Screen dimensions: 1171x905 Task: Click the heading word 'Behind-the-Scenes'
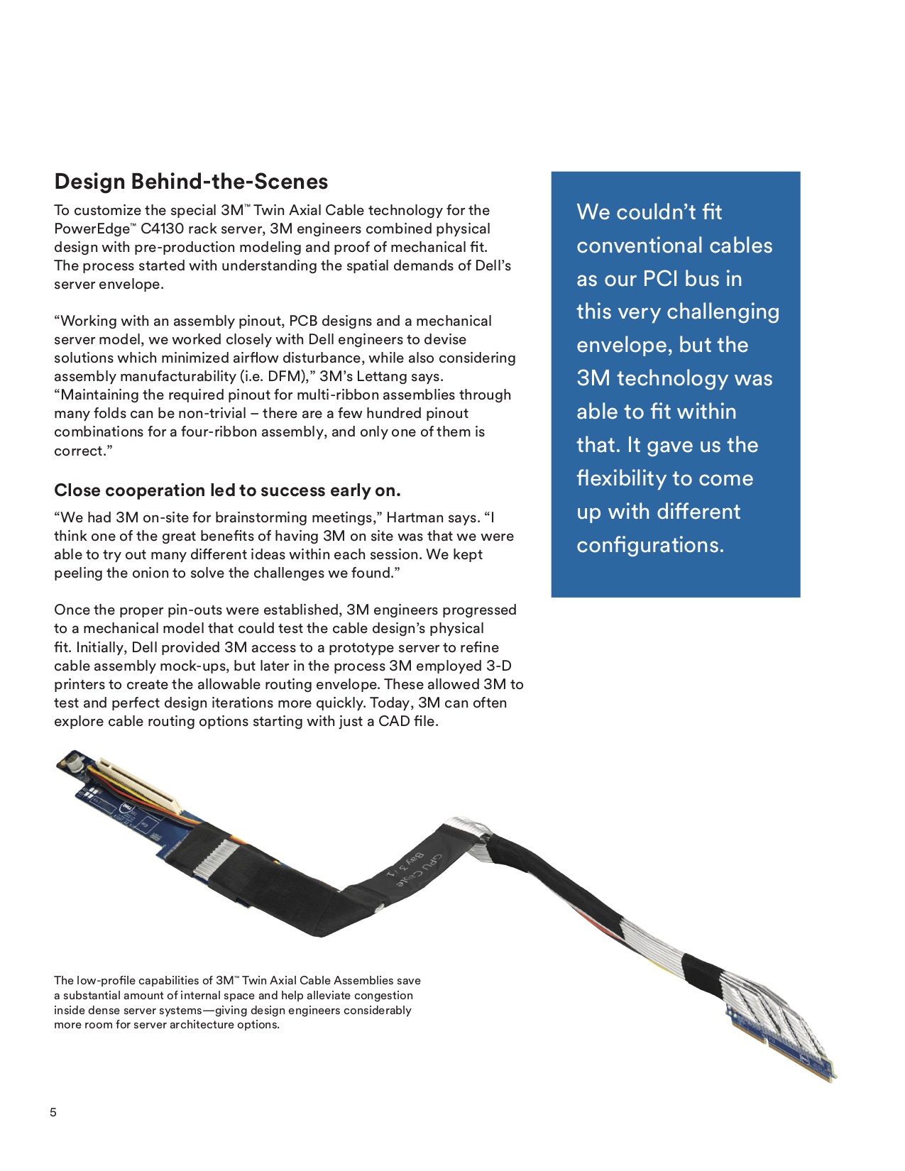(x=229, y=182)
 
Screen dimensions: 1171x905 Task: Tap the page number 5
(x=53, y=1112)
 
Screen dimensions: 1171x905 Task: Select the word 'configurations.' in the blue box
(x=650, y=544)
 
